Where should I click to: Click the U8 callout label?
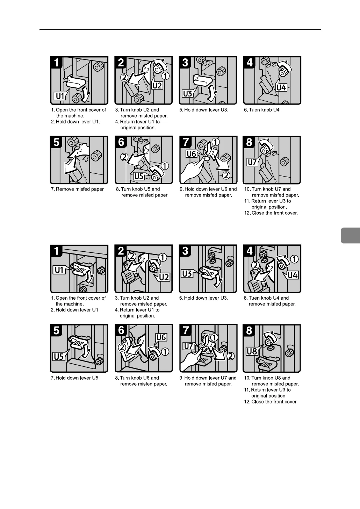click(252, 351)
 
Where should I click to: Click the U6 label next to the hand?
click(191, 154)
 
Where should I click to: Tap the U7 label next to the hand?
click(188, 346)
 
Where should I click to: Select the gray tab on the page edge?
click(350, 235)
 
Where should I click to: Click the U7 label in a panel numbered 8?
click(252, 162)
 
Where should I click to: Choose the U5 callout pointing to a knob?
click(139, 176)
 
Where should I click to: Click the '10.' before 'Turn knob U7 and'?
click(247, 189)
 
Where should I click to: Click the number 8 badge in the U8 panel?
click(249, 330)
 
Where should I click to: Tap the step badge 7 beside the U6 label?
click(186, 142)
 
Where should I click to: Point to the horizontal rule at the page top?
click(180, 29)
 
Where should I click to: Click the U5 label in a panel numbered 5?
click(59, 357)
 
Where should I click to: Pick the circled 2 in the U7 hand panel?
click(231, 356)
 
